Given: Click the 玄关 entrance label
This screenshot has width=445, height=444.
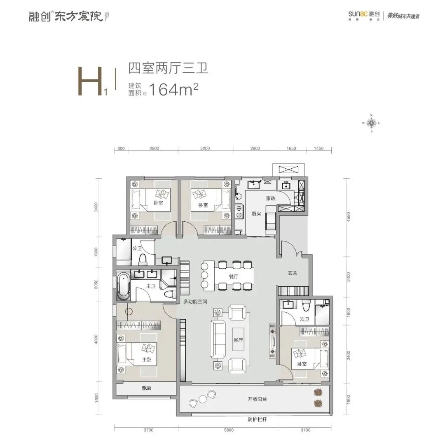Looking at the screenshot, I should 293,273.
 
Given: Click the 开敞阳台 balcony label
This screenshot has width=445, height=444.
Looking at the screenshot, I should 259,399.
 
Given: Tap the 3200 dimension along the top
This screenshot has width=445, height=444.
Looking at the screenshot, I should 205,149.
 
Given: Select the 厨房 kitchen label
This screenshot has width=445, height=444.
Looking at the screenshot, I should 256,214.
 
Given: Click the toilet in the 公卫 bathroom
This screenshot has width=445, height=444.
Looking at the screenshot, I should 143,259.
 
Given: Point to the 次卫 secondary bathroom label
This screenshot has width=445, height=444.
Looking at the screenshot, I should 304,318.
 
